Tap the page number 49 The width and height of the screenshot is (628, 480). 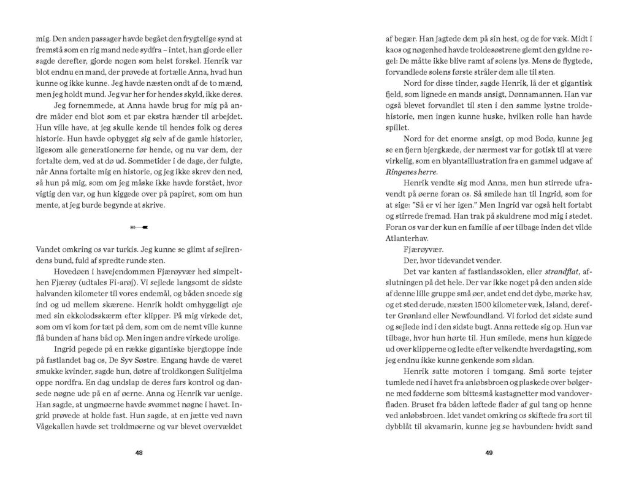tap(489, 452)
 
